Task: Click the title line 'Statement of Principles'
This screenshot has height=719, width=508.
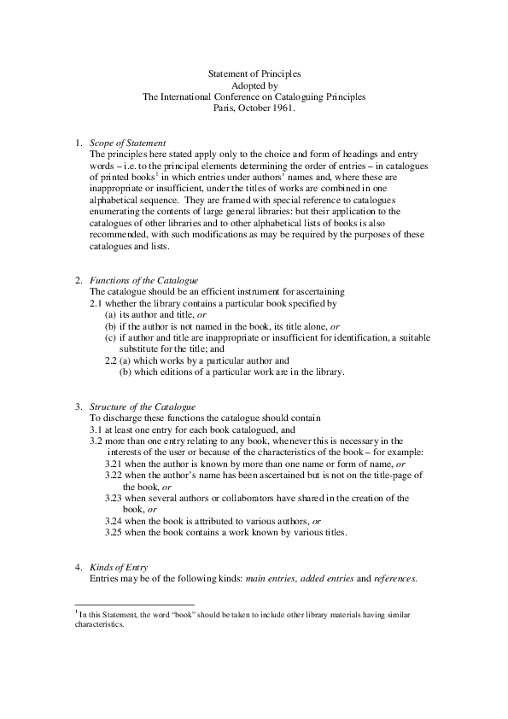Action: click(254, 75)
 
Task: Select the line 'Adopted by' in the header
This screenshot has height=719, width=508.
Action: click(254, 86)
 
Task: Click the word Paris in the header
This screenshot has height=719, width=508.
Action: click(224, 108)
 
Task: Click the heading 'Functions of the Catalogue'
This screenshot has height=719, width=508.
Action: click(143, 281)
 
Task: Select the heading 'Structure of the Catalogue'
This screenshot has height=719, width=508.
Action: click(143, 406)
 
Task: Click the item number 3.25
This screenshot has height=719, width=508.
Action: click(115, 533)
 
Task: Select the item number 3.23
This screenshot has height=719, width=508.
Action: click(115, 498)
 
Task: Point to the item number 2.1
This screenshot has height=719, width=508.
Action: click(97, 303)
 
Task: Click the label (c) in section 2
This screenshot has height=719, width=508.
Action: click(110, 338)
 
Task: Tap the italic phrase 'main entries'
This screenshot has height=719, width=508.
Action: click(268, 579)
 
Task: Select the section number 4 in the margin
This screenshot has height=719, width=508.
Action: click(78, 567)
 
